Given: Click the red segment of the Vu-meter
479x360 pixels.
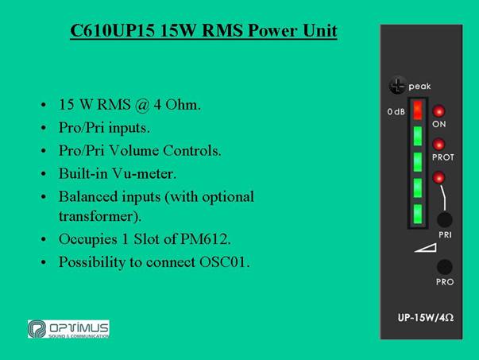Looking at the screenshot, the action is pos(418,110).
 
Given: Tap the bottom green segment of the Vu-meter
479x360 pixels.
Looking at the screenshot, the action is pos(418,214).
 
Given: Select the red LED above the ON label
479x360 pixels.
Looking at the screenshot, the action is pos(438,111).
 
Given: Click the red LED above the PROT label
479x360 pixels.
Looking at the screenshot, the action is pos(438,145).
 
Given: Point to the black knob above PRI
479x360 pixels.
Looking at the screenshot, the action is pos(445,219).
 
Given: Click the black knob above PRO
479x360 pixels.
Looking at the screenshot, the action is pos(445,267).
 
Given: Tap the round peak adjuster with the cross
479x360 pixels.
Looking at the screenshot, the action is pos(397,85).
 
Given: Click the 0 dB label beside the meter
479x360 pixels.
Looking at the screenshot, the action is pos(396,111).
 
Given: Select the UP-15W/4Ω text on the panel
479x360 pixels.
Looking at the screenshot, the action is pos(426,318).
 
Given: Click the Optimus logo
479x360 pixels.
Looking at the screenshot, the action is pos(68,329).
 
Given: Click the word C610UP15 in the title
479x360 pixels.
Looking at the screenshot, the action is pos(113,30).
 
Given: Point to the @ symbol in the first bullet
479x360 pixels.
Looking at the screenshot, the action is pos(142,106).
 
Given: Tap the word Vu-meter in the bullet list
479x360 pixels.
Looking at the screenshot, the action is pos(144,173).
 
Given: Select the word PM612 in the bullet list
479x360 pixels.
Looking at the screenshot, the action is pos(205,239).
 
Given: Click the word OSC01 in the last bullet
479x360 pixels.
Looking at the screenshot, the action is pos(224,262).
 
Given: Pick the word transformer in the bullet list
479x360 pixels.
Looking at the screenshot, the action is pos(100,216).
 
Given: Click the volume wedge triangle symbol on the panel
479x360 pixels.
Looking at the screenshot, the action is pos(426,247).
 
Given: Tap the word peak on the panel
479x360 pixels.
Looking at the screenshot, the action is pos(419,87).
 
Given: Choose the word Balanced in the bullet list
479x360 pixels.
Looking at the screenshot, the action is pos(110,196).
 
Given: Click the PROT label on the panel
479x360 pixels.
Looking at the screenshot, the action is pos(443,157).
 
